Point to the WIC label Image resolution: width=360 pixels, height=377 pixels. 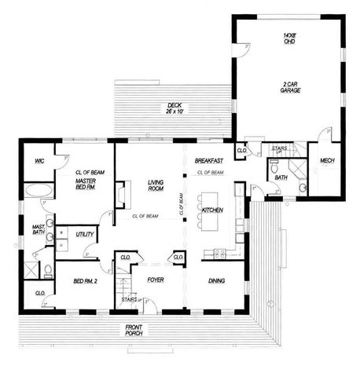click(x=38, y=161)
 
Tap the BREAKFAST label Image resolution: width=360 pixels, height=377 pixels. click(x=210, y=160)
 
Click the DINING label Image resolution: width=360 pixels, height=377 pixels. click(x=217, y=280)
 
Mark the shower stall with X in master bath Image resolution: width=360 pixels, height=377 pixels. click(x=31, y=269)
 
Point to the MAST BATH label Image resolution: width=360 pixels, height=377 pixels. click(x=37, y=230)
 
